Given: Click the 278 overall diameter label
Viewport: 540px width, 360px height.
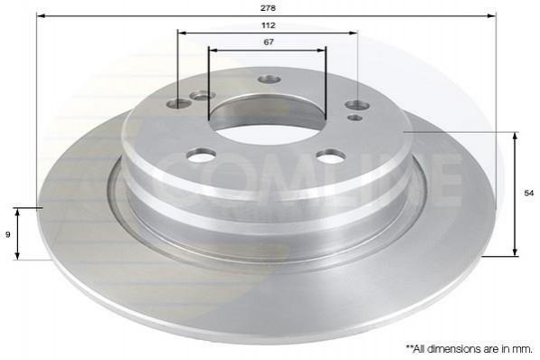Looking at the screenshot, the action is point(268,8).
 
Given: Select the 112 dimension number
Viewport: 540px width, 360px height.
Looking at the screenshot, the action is point(269,25).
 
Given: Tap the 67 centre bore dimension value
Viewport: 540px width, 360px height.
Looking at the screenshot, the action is point(269,42).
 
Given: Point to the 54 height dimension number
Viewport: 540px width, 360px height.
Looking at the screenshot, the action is point(528,194).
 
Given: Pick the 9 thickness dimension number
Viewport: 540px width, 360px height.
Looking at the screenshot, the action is point(7,234).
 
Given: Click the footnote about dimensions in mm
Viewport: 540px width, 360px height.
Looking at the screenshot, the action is point(469,349).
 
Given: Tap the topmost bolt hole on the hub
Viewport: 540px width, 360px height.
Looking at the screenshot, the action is point(270,80).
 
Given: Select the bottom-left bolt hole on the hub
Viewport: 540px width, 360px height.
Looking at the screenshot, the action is point(201,155).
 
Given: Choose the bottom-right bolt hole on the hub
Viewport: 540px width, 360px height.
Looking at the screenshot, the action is point(331,156).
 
